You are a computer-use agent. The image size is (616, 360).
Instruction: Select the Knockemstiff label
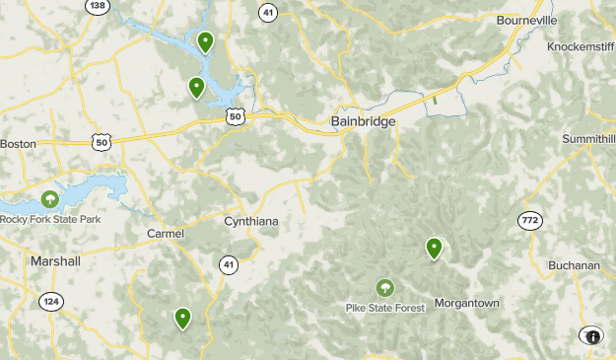(x=582, y=46)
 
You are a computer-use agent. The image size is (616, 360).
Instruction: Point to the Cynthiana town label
(x=251, y=221)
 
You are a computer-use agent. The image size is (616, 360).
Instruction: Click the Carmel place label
(x=165, y=233)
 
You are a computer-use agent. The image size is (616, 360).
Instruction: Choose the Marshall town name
(x=55, y=260)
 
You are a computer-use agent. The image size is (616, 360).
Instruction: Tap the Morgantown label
(x=467, y=303)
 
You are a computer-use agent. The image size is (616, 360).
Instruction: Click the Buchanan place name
(x=576, y=264)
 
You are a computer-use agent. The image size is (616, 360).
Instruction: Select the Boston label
(x=18, y=143)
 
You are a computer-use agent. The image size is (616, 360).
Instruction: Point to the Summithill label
(x=588, y=139)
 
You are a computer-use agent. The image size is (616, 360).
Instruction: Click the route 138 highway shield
(x=97, y=6)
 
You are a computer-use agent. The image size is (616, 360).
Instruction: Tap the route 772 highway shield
(x=531, y=218)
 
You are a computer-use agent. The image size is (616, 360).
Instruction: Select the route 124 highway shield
(x=51, y=300)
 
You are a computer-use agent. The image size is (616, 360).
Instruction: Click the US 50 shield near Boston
(x=102, y=143)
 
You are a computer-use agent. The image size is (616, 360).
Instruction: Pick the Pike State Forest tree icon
(x=384, y=288)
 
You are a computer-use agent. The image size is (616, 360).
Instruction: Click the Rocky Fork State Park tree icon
(x=50, y=200)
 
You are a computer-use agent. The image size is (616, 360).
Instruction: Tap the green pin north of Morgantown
(x=434, y=249)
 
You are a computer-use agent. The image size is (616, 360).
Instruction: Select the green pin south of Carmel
(x=182, y=318)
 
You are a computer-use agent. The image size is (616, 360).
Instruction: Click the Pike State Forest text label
(x=385, y=308)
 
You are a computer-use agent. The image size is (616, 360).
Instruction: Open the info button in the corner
(x=592, y=336)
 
